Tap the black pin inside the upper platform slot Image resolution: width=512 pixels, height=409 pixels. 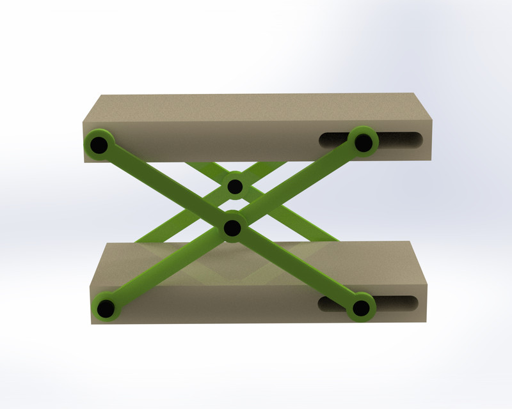(x=363, y=142)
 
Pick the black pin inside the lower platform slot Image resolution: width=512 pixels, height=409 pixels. (x=361, y=309)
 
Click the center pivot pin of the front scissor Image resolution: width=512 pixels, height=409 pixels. (x=233, y=228)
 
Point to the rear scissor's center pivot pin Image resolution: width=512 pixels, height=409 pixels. (x=235, y=187)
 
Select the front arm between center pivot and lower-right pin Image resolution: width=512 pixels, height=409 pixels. (x=297, y=268)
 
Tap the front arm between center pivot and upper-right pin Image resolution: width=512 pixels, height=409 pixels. (x=298, y=185)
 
